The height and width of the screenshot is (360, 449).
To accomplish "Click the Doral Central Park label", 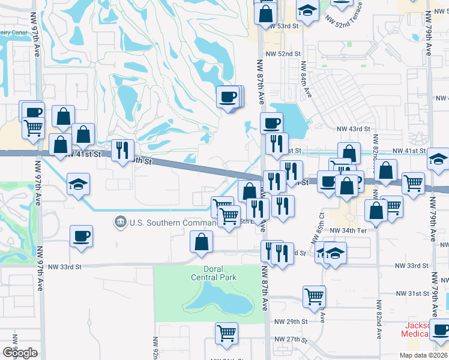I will click(214, 272).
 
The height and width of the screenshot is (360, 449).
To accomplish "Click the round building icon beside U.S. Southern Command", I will click(121, 223).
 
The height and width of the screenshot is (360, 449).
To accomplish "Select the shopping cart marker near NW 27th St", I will click(226, 333).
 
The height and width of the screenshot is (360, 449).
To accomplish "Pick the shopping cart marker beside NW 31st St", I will click(315, 296).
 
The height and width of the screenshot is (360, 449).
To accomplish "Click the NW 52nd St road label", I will click(285, 54).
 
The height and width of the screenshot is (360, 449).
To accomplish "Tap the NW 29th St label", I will click(291, 322).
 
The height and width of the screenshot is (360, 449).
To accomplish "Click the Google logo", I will click(20, 352).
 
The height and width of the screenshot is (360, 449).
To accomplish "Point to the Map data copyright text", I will click(423, 355).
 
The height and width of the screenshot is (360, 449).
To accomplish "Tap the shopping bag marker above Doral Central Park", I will click(202, 242).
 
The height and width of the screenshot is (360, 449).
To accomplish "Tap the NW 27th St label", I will click(291, 339).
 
